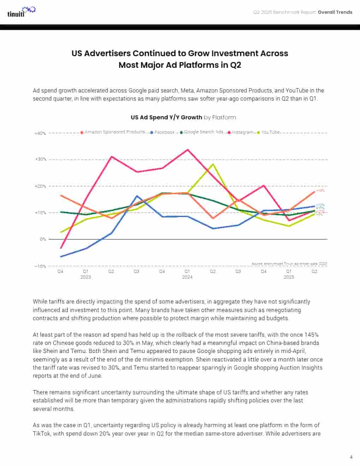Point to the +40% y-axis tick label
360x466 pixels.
coord(40,133)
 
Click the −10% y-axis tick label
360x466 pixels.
coord(40,266)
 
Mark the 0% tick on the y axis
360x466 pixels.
coord(43,239)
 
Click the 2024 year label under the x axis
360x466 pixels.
coord(187,277)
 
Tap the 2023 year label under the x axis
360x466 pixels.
coord(86,277)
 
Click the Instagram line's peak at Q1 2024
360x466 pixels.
coord(187,150)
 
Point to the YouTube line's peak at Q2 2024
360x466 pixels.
coord(213,164)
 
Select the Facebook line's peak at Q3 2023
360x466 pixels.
coord(137,196)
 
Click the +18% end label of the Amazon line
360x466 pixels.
coord(320,191)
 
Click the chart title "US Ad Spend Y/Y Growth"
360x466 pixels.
coord(166,118)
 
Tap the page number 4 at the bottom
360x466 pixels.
coord(351,457)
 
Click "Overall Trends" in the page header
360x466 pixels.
coord(335,12)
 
